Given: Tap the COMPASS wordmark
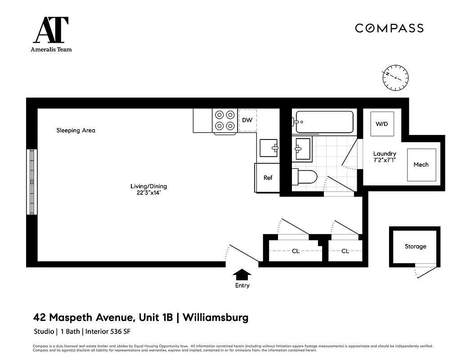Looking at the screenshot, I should [389, 28].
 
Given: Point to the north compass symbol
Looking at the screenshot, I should [395, 77].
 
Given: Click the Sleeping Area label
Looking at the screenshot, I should [76, 130].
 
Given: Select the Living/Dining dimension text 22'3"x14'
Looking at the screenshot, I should [145, 193].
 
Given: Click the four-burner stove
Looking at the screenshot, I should [225, 121].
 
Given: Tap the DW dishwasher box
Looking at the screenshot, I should [247, 120].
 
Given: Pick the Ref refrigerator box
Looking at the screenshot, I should [268, 178].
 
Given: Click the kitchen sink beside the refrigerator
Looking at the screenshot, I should [269, 147].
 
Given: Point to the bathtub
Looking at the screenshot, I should [324, 122].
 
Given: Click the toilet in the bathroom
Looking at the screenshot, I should [305, 177].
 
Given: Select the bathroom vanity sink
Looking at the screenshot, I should [303, 148].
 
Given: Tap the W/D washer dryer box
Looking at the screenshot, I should [382, 124].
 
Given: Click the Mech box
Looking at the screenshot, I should [421, 165].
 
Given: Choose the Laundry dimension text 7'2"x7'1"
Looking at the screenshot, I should [385, 160].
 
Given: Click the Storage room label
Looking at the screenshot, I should [415, 247].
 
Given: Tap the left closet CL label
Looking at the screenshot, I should [296, 251].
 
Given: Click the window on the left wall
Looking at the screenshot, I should [31, 181].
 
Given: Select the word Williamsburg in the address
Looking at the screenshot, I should [216, 318].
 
